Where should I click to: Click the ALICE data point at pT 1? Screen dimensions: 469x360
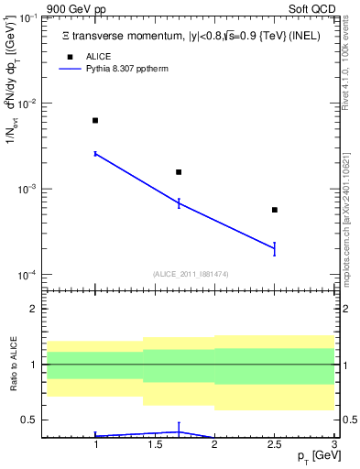pyautogui.click(x=95, y=120)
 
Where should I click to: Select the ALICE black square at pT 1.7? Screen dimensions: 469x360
pyautogui.click(x=179, y=172)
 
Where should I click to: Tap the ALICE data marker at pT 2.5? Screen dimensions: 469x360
pyautogui.click(x=275, y=210)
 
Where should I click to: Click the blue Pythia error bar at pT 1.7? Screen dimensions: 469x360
pyautogui.click(x=179, y=202)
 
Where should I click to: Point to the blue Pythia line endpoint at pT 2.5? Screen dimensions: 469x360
pyautogui.click(x=275, y=248)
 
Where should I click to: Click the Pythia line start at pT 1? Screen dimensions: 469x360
pyautogui.click(x=95, y=154)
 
